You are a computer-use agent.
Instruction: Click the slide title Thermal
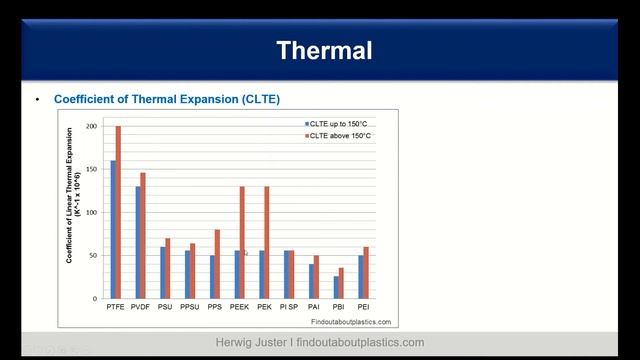(323, 50)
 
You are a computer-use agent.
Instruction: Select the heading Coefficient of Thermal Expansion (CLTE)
(166, 99)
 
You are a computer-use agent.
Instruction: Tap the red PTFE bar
(118, 212)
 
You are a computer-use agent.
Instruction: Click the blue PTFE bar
(112, 229)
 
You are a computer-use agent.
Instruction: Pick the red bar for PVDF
(143, 235)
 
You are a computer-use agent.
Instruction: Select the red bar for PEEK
(242, 242)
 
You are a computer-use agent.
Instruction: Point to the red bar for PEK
(267, 242)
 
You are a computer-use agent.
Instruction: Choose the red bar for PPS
(217, 264)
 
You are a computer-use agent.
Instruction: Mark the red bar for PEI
(366, 272)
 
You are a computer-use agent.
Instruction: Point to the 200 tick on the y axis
(92, 127)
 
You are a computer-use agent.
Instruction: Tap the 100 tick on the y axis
(92, 213)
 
